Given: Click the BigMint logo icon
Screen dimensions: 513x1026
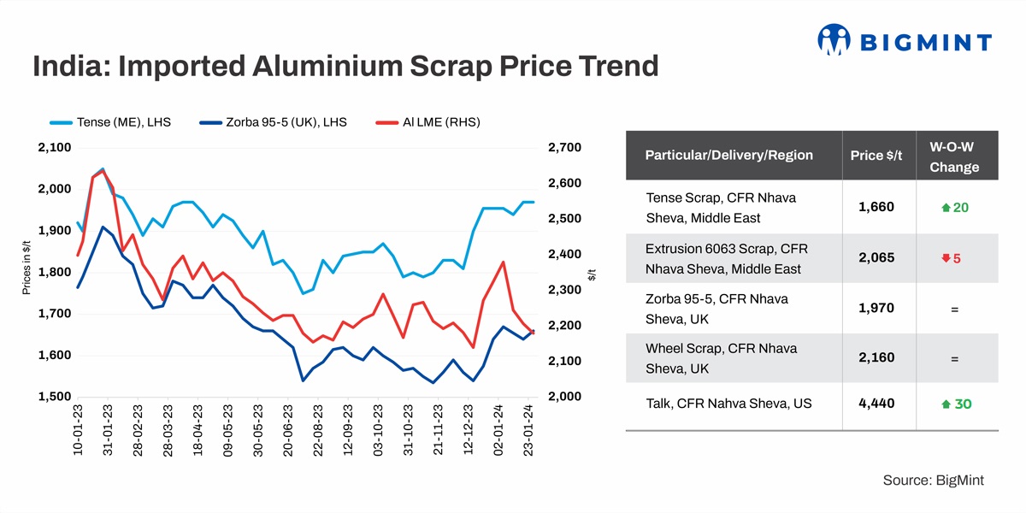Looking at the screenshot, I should [834, 39].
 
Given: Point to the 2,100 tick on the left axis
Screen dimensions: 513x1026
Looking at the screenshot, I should [54, 148].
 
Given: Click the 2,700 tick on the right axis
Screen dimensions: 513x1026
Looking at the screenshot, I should [563, 148].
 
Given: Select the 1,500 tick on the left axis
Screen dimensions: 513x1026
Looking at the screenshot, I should [54, 397].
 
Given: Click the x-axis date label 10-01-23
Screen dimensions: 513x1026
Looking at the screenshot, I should [78, 432].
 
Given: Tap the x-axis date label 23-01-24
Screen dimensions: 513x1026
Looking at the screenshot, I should [529, 432].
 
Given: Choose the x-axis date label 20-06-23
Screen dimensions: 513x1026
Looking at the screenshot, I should [288, 432].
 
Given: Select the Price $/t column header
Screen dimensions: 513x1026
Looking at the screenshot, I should [876, 156].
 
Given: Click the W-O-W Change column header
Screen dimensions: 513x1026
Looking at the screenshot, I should [953, 156].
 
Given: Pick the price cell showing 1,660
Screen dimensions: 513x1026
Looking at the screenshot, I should [876, 207].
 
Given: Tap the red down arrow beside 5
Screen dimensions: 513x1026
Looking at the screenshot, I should [946, 258].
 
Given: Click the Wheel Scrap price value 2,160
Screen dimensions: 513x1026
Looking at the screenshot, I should [876, 357].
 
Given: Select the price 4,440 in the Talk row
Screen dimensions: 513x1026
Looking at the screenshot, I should [876, 403].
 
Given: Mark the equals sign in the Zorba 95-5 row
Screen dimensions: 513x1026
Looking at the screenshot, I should [954, 310].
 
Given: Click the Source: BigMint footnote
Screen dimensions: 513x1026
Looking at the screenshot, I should [933, 481].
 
